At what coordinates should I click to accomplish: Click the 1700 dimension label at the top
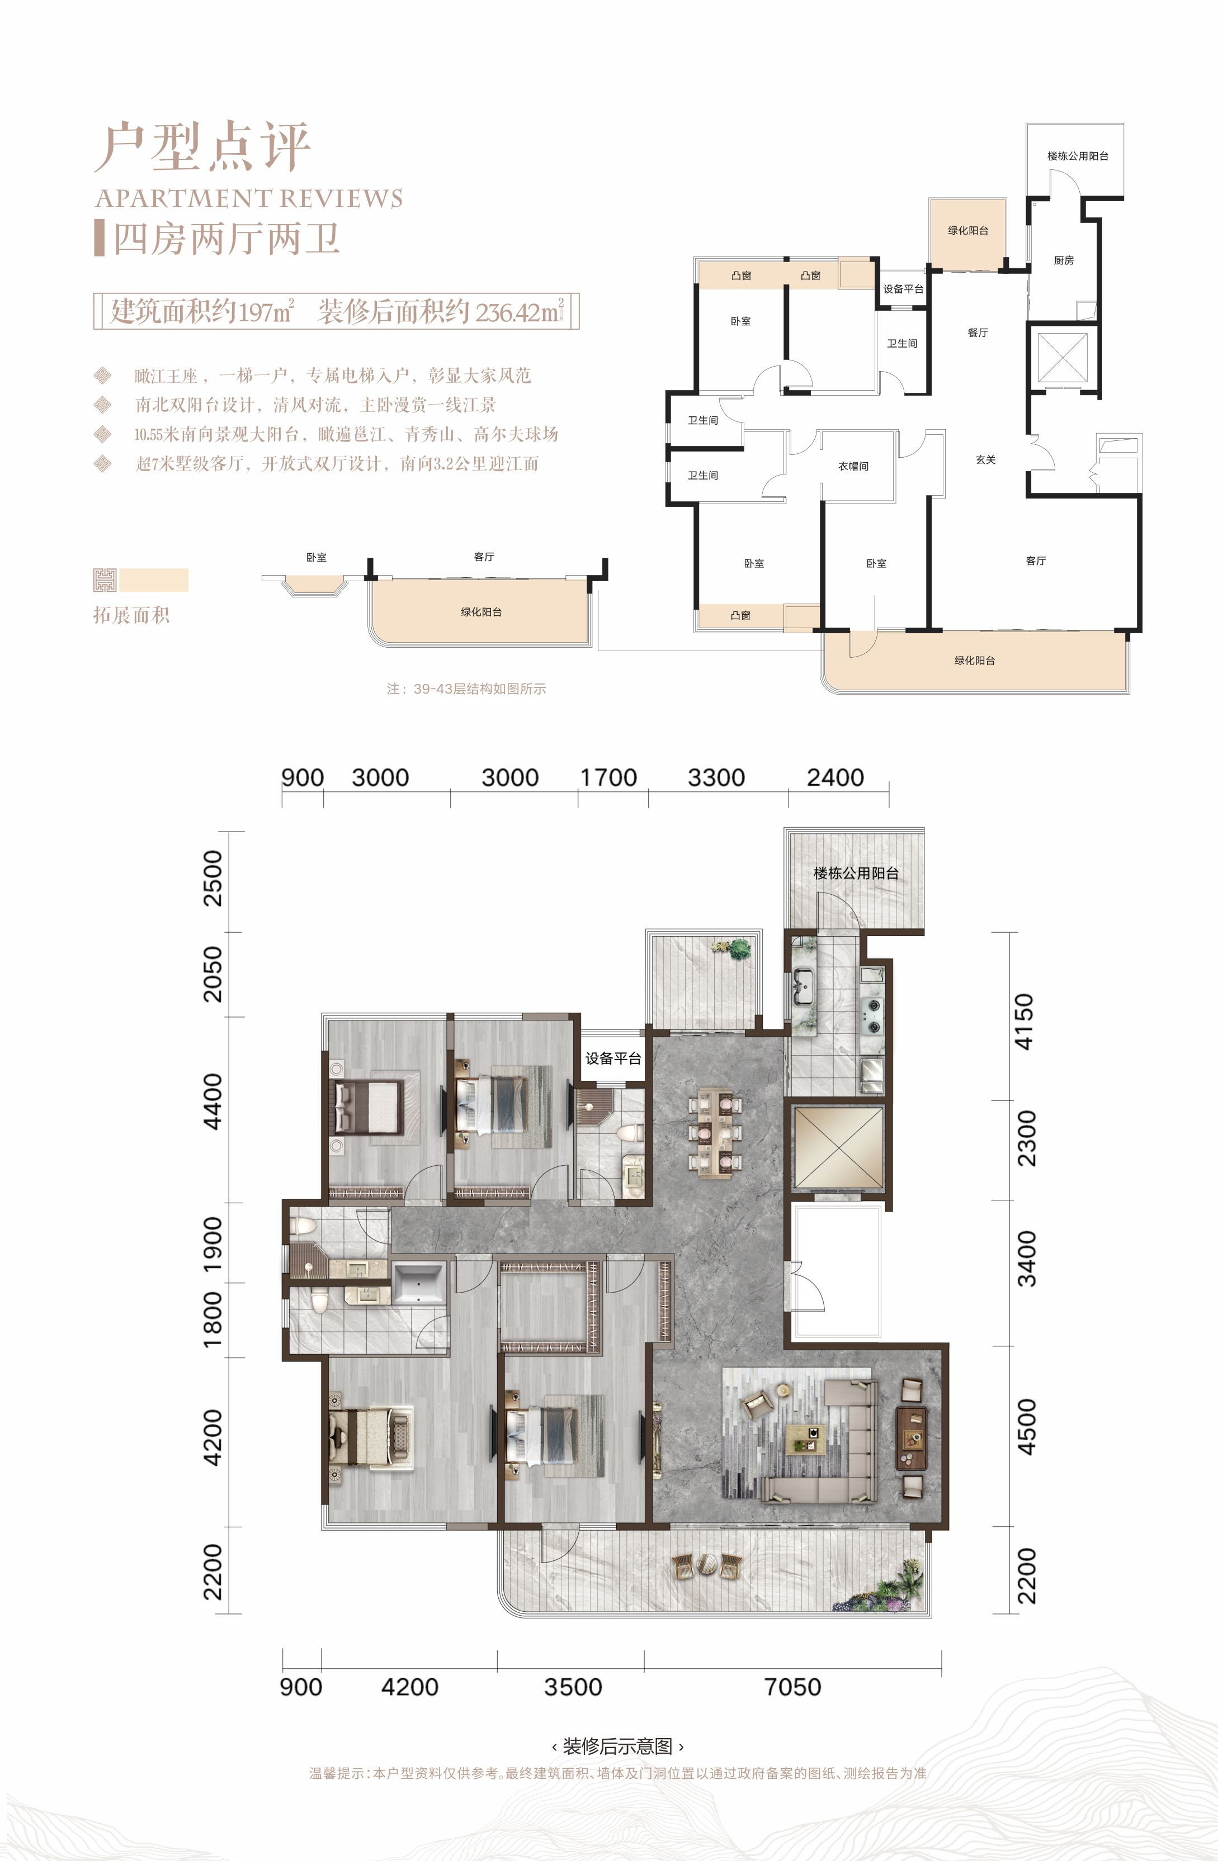(x=608, y=777)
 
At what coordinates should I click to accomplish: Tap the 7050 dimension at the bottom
(x=792, y=1687)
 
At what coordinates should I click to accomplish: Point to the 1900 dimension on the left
(x=213, y=1244)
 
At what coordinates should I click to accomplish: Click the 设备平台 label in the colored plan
(x=613, y=1058)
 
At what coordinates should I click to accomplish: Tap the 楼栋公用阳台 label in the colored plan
(x=856, y=873)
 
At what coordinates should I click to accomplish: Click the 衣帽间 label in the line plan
(x=853, y=466)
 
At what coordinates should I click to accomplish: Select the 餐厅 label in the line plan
(x=978, y=333)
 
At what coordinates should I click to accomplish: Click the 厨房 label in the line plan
(x=1064, y=260)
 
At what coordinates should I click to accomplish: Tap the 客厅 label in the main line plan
(x=1036, y=561)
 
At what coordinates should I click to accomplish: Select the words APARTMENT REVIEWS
(x=249, y=198)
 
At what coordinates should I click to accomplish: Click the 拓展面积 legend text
(x=131, y=615)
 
